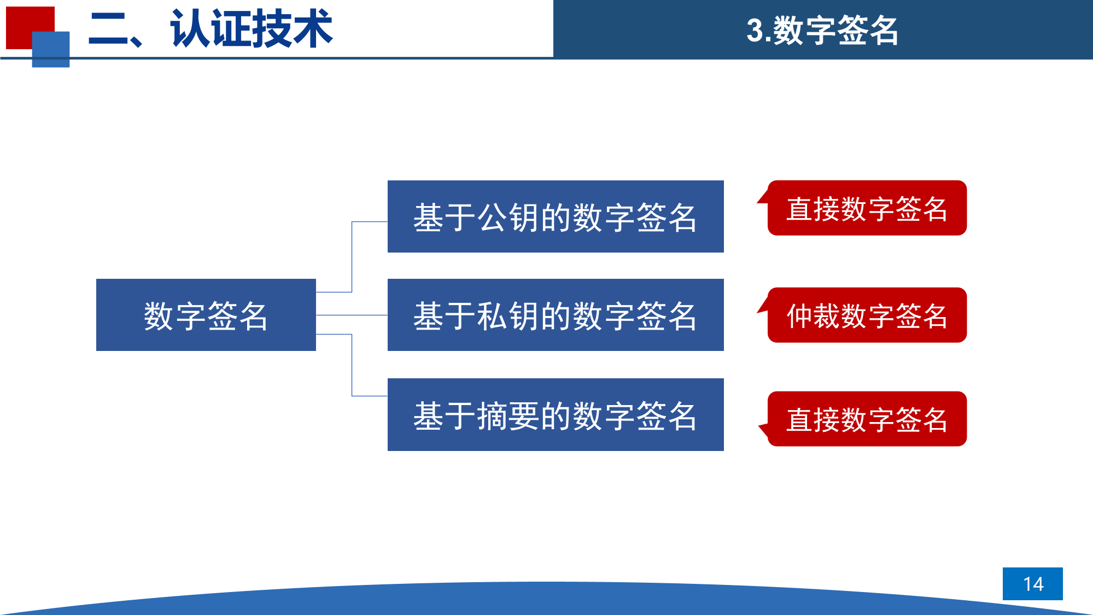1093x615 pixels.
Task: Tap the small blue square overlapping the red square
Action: click(x=51, y=49)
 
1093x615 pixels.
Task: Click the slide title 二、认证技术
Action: click(x=211, y=29)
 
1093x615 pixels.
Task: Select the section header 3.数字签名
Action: click(x=822, y=30)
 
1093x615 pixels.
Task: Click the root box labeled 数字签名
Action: click(x=206, y=315)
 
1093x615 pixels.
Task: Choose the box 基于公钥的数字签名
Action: click(x=556, y=216)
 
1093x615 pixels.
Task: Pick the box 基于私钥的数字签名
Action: click(x=556, y=315)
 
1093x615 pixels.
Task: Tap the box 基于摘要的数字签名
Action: click(x=556, y=414)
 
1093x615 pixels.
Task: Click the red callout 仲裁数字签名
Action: click(x=867, y=315)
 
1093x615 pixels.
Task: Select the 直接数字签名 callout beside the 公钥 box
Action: click(x=867, y=208)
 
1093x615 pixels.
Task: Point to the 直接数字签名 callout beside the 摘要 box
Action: click(x=867, y=419)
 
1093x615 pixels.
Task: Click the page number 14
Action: click(x=1033, y=584)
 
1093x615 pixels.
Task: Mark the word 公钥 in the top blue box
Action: click(x=508, y=218)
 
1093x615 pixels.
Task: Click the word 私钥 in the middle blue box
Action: click(x=508, y=316)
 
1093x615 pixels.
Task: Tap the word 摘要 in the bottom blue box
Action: click(x=508, y=415)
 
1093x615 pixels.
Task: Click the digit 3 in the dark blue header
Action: click(x=755, y=31)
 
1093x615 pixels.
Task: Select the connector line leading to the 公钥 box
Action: click(x=352, y=257)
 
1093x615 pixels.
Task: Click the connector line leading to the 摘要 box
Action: click(x=352, y=365)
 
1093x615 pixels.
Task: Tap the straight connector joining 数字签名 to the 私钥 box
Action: click(x=352, y=315)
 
